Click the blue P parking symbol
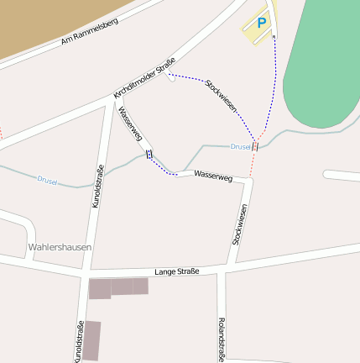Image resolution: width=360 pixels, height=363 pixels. pos(261,24)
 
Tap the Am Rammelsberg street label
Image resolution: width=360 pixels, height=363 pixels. pos(91,31)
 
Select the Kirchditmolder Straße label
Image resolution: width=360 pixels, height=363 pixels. pos(144,79)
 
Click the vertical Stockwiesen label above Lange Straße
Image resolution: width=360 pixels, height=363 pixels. pos(240,224)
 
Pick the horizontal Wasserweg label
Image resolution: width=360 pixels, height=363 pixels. pos(212,176)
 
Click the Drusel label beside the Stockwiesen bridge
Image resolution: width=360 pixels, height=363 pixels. pos(240,146)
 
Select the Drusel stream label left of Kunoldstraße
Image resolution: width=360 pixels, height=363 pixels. pos(47,180)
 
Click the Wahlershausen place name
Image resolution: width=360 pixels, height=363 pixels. pos(60,247)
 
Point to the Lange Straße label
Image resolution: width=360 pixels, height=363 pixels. pos(177,271)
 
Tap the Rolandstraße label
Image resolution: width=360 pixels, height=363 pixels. pos(221,340)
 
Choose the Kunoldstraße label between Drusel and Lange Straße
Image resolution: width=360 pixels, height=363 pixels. pos(98,186)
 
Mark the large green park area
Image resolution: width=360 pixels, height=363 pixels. pos(323,67)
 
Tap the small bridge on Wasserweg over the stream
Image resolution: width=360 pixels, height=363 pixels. pos(149,153)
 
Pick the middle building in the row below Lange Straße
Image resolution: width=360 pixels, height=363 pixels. pos(122,287)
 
